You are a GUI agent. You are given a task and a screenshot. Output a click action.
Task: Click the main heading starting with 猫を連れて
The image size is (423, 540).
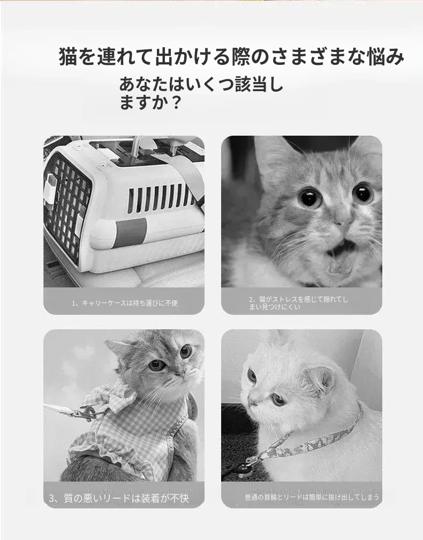pyautogui.click(x=231, y=56)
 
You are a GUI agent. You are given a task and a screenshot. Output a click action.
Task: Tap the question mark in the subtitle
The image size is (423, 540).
pyautogui.click(x=176, y=102)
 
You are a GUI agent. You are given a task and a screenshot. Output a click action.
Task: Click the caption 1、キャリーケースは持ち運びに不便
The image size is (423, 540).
pyautogui.click(x=125, y=303)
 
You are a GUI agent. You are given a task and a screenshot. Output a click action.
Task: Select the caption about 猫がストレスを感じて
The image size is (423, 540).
pyautogui.click(x=298, y=303)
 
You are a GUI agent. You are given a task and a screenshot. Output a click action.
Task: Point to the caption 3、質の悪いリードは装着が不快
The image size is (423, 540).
pyautogui.click(x=119, y=498)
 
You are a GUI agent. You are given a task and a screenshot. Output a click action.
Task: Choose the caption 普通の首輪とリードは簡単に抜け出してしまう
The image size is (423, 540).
pyautogui.click(x=312, y=497)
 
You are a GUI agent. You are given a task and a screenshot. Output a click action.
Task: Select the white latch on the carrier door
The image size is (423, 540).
pyautogui.click(x=50, y=189)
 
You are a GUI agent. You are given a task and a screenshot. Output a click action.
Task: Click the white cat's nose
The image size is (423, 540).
pyautogui.click(x=253, y=400)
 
